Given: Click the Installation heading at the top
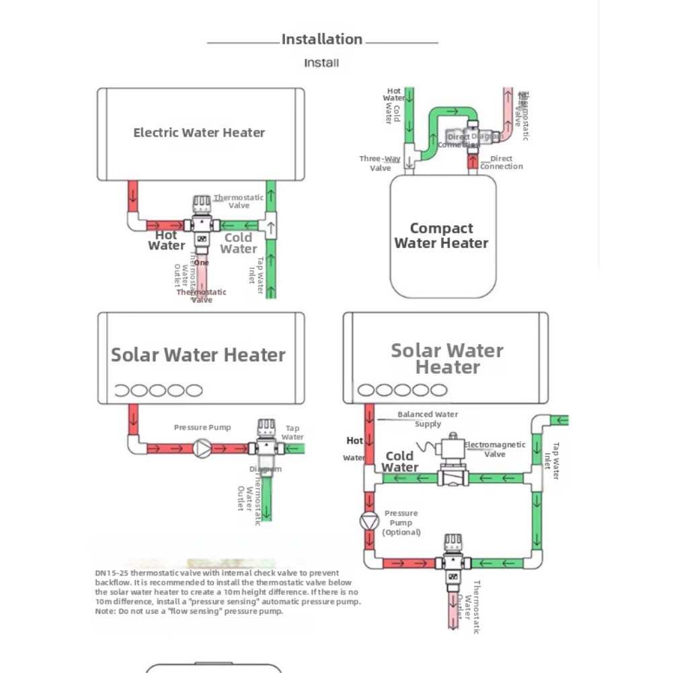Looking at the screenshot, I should coord(321,40).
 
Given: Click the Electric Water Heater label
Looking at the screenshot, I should coord(199,132).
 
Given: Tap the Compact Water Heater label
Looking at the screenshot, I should coord(441,236).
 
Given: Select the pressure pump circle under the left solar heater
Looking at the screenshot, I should coord(202,448).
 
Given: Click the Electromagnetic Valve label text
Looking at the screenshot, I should coord(494,449).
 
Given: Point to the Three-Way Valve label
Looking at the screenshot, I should coord(380,163).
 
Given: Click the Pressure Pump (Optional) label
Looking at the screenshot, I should coord(401,522).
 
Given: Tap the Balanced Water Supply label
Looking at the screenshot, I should coord(428,419).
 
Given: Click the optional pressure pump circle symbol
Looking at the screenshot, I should coord(369,522).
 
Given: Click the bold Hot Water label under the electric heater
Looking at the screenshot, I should coord(166,240).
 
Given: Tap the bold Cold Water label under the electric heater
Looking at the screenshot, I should coord(238,243).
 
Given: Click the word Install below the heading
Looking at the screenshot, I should coord(321,63).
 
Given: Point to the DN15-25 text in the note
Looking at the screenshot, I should coord(111,573).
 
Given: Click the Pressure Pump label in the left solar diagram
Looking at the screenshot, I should coord(202,428).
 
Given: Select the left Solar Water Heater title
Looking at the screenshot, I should coord(198,355).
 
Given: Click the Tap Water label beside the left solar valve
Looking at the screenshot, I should coord(292,432).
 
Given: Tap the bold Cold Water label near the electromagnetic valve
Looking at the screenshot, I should coord(400,461).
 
